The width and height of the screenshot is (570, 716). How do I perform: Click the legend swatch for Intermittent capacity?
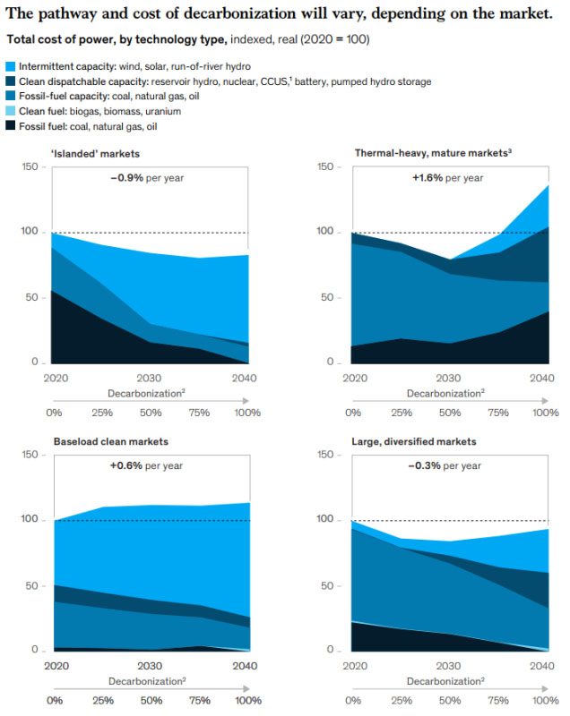(11, 66)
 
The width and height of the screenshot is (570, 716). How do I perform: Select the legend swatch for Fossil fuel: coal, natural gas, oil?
(11, 126)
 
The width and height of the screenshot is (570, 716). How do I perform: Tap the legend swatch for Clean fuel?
(11, 111)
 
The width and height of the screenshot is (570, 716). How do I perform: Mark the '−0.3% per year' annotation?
(446, 465)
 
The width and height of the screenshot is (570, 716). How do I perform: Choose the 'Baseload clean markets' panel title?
(111, 442)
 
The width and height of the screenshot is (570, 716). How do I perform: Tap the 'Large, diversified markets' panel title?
(415, 442)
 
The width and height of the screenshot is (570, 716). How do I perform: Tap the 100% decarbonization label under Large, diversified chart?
(546, 700)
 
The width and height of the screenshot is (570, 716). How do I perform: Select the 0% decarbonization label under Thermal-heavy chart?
(353, 413)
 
